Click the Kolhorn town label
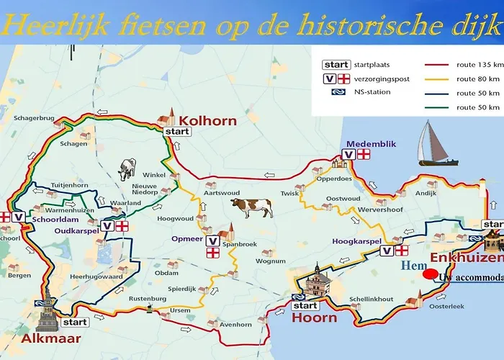click(x=208, y=120)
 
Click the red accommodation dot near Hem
click(x=430, y=274)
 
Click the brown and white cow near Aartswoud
click(x=251, y=208)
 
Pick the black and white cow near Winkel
click(x=127, y=170)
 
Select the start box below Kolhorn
click(x=177, y=132)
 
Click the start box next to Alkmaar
click(x=75, y=322)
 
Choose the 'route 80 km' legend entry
click(x=477, y=78)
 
